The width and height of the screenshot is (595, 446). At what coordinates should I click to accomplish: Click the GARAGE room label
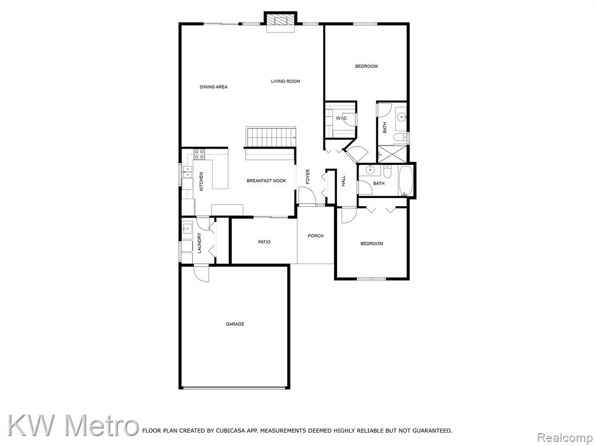tap(235, 324)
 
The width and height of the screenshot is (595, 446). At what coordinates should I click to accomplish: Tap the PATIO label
tap(264, 242)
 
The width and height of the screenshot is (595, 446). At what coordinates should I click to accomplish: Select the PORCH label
tap(316, 236)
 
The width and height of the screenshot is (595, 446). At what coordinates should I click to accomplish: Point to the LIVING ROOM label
tap(285, 81)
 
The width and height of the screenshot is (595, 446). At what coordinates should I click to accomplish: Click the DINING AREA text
tap(214, 87)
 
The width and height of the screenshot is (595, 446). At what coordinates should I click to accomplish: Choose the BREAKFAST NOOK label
tap(266, 181)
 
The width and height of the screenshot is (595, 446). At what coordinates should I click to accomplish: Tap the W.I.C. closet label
tap(342, 118)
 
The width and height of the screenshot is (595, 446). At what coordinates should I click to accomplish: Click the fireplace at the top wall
tap(281, 22)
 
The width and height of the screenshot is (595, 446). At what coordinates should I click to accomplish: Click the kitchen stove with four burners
tap(199, 154)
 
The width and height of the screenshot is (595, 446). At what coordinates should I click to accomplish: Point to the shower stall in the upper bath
tap(392, 154)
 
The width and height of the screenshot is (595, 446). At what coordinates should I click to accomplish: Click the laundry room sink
tap(187, 229)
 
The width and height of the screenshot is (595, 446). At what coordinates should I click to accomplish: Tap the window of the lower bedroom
tap(371, 279)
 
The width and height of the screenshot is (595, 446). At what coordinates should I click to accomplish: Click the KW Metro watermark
tap(73, 426)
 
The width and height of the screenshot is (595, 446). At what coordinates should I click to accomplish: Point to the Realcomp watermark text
tap(565, 438)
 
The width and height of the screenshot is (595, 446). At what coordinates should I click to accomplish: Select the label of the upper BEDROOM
tap(366, 66)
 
